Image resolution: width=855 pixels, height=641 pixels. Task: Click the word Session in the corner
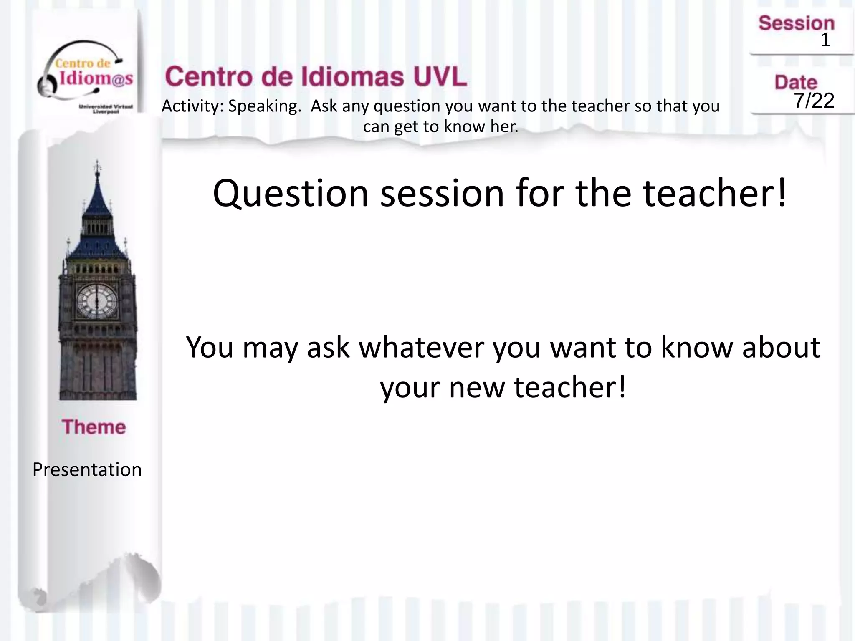click(x=796, y=23)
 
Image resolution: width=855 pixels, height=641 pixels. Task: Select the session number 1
click(x=825, y=40)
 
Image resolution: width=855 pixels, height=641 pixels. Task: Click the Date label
click(x=796, y=82)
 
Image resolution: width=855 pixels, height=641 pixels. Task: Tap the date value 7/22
click(x=814, y=101)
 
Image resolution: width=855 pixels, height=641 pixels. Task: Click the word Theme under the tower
click(x=94, y=427)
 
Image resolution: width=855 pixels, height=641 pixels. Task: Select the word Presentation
click(x=87, y=470)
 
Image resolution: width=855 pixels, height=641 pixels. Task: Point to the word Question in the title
click(x=291, y=194)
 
